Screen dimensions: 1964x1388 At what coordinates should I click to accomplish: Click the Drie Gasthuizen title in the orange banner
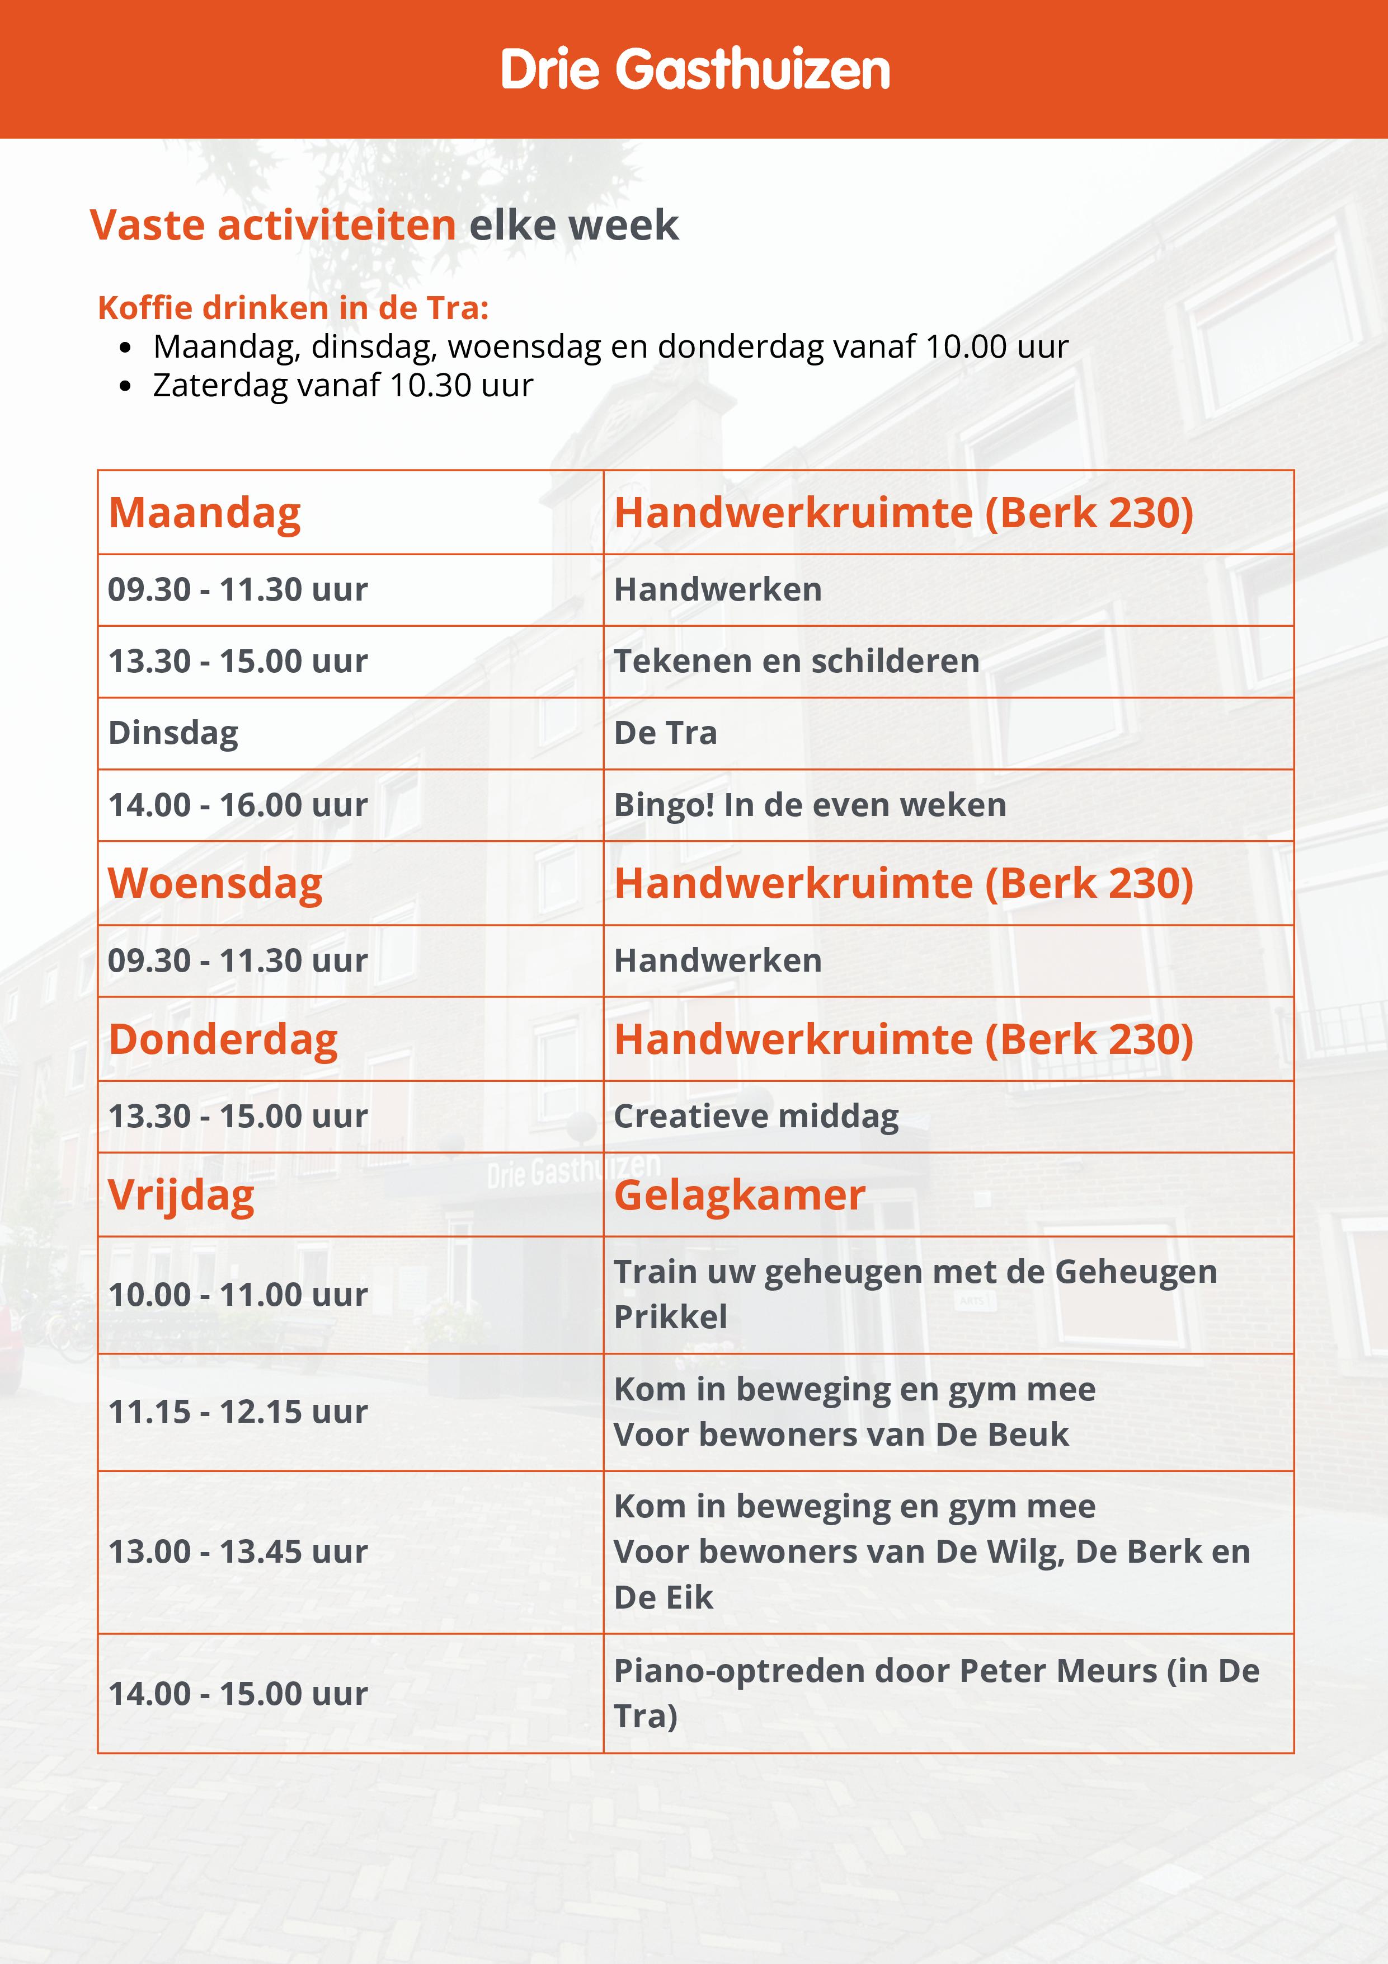[x=694, y=69]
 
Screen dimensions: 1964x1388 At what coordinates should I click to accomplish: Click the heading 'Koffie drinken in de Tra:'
[x=293, y=308]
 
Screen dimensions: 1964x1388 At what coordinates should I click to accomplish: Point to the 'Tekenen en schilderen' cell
[x=796, y=661]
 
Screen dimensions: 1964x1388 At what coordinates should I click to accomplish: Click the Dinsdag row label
[x=173, y=733]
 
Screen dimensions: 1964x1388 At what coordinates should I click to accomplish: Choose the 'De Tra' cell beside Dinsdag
[x=665, y=733]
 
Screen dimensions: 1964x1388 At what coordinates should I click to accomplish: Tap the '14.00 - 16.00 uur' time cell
[x=238, y=805]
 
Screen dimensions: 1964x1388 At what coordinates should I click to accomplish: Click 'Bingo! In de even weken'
[x=810, y=805]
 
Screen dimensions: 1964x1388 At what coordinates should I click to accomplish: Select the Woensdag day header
[x=215, y=884]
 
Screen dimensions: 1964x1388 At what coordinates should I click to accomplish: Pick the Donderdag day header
[x=223, y=1039]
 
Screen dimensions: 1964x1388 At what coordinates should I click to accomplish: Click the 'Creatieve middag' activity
[x=756, y=1116]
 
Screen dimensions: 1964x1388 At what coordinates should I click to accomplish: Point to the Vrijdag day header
[x=181, y=1195]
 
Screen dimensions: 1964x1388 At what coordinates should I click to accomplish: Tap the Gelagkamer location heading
[x=740, y=1195]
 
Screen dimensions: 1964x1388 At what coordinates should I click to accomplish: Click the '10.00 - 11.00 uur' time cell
[x=238, y=1294]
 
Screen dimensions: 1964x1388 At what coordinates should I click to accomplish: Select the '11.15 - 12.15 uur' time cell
[x=238, y=1412]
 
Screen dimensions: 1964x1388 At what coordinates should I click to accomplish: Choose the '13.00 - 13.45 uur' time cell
[x=238, y=1551]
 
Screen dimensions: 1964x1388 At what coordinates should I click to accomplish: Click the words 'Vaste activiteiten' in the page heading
[x=273, y=225]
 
